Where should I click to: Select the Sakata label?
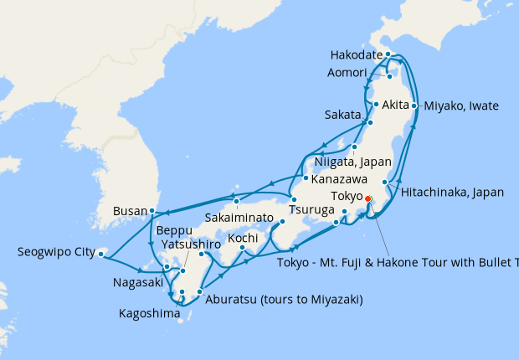(x=343, y=114)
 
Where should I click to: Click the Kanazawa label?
(x=342, y=179)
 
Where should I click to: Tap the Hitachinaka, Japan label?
(x=452, y=192)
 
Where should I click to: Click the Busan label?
(x=129, y=211)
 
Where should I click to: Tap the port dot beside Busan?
(x=152, y=211)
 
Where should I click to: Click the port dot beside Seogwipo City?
(x=100, y=252)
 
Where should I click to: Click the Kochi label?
(x=243, y=239)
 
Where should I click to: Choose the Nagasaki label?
(x=137, y=283)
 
